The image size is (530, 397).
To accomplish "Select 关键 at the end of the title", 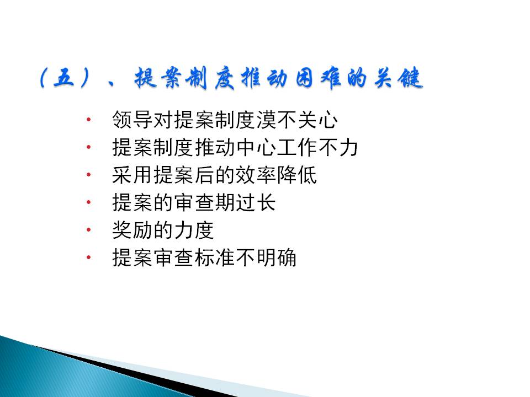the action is click(x=398, y=78).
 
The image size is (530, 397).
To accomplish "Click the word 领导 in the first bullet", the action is click(x=132, y=120).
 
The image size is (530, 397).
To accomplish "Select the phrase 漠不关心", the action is click(x=297, y=120).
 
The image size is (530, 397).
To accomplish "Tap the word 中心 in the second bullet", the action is click(x=256, y=147).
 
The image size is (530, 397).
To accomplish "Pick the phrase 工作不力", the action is click(x=317, y=147).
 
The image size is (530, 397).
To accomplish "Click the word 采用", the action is click(x=132, y=175).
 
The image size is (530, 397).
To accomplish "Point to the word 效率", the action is click(x=256, y=175).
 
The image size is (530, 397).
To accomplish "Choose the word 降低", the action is click(x=297, y=175).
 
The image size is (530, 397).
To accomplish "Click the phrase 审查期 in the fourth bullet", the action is click(x=204, y=202).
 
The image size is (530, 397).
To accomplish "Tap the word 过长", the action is click(x=256, y=202).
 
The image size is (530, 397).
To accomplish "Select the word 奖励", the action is click(x=132, y=230).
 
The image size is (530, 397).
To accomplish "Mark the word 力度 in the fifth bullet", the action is click(x=194, y=230).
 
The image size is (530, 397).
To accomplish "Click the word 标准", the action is click(x=215, y=258).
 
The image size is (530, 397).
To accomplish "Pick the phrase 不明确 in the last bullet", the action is click(x=266, y=258).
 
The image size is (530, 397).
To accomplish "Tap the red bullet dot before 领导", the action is click(x=88, y=120).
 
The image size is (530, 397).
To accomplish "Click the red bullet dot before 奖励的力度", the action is click(x=88, y=230).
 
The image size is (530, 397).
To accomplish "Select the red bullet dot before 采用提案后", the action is click(x=88, y=175).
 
